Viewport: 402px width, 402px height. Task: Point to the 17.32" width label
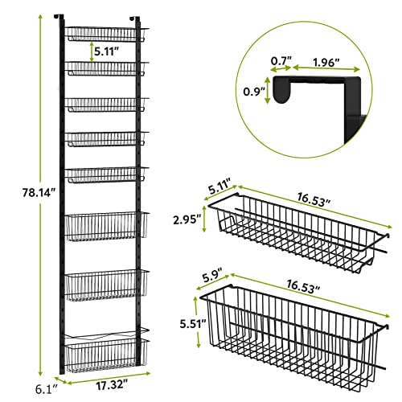[109, 387]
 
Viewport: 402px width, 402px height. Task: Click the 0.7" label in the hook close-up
[281, 60]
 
